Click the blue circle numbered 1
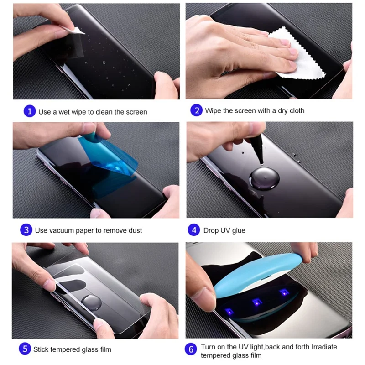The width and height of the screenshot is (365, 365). point(29,111)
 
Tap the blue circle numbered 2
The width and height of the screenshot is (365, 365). point(196,110)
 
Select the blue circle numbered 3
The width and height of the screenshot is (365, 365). point(26,230)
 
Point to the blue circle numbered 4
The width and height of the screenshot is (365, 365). point(194,230)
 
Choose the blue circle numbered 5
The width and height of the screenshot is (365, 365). point(25,349)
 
